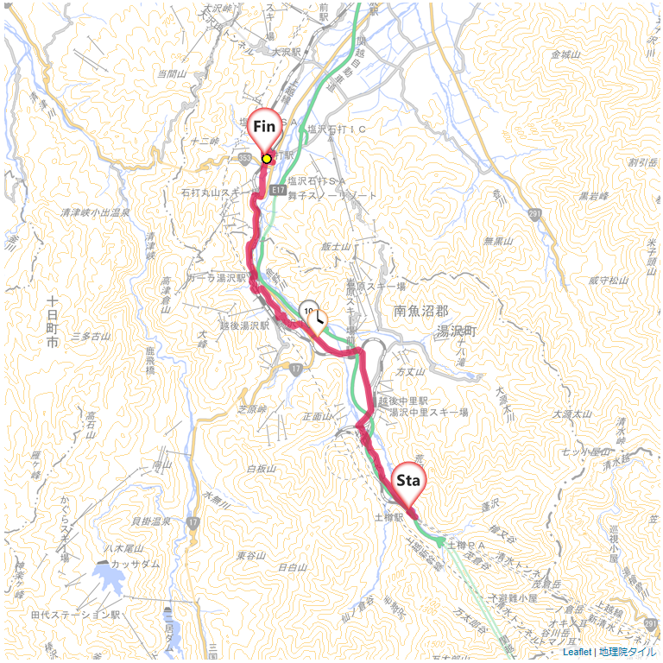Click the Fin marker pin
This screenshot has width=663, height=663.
[264, 128]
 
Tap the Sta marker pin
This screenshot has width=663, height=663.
[408, 479]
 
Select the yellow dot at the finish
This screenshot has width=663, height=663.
[267, 159]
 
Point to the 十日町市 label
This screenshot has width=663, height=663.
[52, 321]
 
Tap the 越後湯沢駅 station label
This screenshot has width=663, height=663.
[244, 325]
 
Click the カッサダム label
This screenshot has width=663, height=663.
[133, 562]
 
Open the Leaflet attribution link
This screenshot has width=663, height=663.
[577, 652]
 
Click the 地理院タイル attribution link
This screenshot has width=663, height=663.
[628, 652]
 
